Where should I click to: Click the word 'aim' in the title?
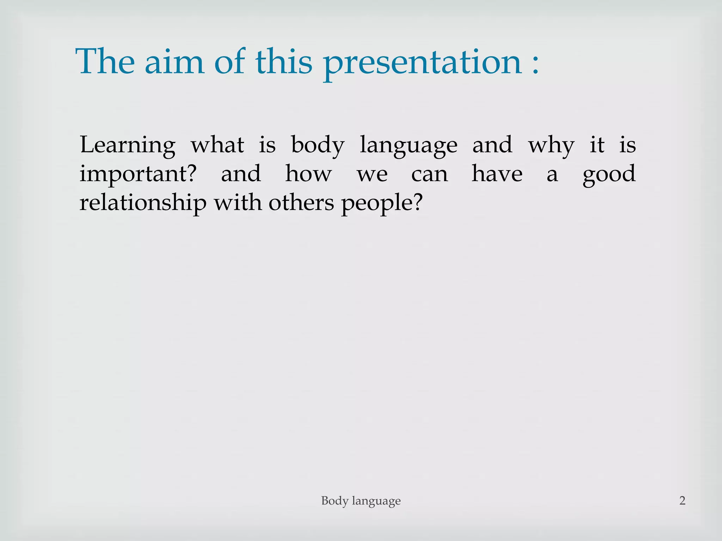(x=174, y=62)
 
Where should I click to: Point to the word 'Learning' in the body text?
(x=127, y=145)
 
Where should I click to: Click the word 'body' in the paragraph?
(x=318, y=145)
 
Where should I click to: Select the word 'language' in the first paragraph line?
(x=408, y=145)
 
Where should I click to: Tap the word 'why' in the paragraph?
(x=551, y=145)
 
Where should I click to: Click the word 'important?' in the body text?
(x=138, y=174)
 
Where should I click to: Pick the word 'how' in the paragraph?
(x=308, y=174)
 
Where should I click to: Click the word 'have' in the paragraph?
(x=497, y=174)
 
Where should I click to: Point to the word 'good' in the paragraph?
(x=609, y=174)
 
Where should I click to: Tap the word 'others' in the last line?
(x=301, y=203)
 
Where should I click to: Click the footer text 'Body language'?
(x=361, y=501)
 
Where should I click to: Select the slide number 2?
(x=682, y=500)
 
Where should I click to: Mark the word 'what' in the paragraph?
(x=217, y=145)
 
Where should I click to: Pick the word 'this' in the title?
(x=284, y=62)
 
